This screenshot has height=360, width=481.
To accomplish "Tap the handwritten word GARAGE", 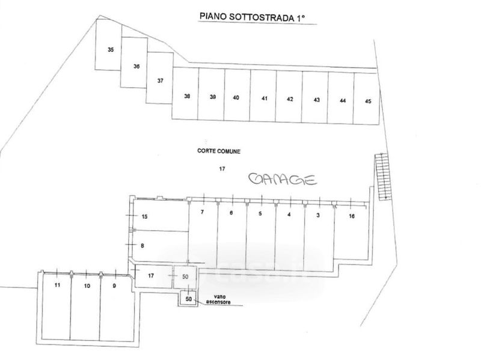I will coord(283,178).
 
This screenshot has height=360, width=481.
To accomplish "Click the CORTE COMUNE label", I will coord(218,152).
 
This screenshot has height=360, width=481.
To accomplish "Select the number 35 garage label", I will coord(111,50).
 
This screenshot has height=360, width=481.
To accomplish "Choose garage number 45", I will coord(368,101).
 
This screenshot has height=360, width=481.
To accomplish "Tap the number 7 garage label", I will coord(203,213).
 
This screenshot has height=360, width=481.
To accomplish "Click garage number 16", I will coord(352,215).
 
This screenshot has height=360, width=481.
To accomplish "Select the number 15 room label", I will coord(144,216).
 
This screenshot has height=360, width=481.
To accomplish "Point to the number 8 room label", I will coord(142,245).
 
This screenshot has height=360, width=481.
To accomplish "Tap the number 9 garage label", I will coord(114,285).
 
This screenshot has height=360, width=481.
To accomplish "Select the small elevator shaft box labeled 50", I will coord(188,298).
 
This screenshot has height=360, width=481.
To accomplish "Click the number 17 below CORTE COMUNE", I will coord(221,169).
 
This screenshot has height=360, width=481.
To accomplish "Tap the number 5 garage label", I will coord(260,213).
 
